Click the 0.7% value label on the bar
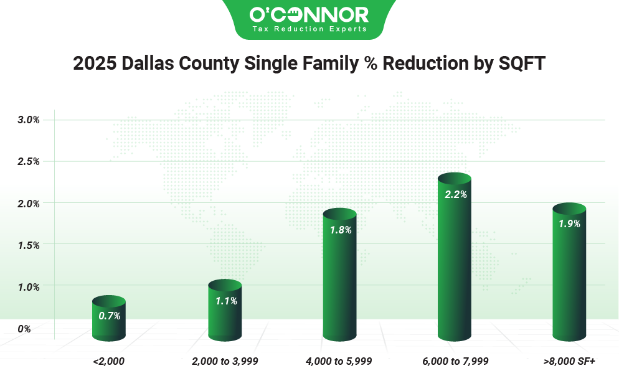(109, 316)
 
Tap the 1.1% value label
(225, 300)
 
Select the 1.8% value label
(340, 230)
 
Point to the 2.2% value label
(455, 194)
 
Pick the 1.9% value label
(569, 223)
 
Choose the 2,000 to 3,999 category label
(225, 360)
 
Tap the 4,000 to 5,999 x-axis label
(339, 360)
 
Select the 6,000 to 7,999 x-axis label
(455, 360)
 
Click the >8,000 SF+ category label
(569, 360)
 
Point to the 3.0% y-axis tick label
(29, 120)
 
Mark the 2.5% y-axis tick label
(29, 161)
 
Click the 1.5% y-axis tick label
(29, 245)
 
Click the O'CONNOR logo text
(308, 14)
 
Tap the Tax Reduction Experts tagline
(309, 29)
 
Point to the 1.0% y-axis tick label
(29, 287)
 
